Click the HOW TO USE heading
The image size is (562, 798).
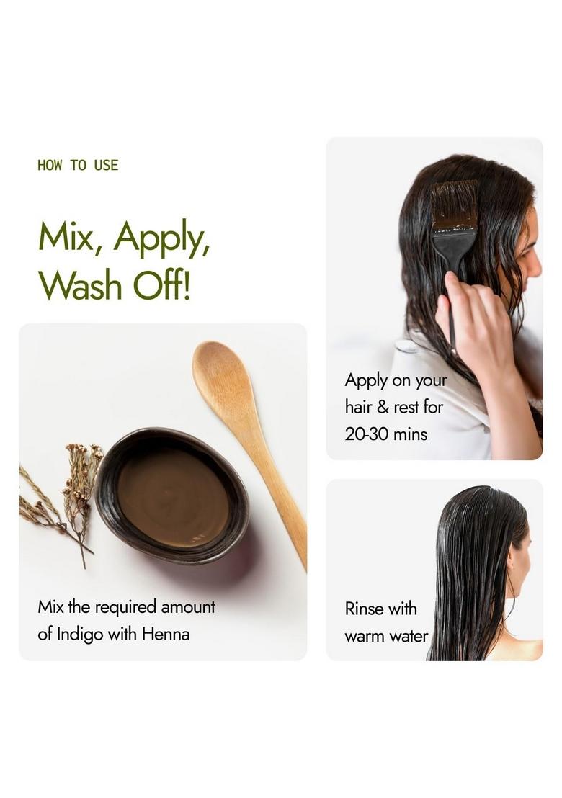(x=78, y=166)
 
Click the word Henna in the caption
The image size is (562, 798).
(x=165, y=635)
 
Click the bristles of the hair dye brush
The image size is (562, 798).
(x=454, y=205)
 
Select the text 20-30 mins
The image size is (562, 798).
(x=386, y=434)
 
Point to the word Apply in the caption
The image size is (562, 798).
(x=366, y=381)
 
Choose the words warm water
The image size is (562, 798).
(x=386, y=637)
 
